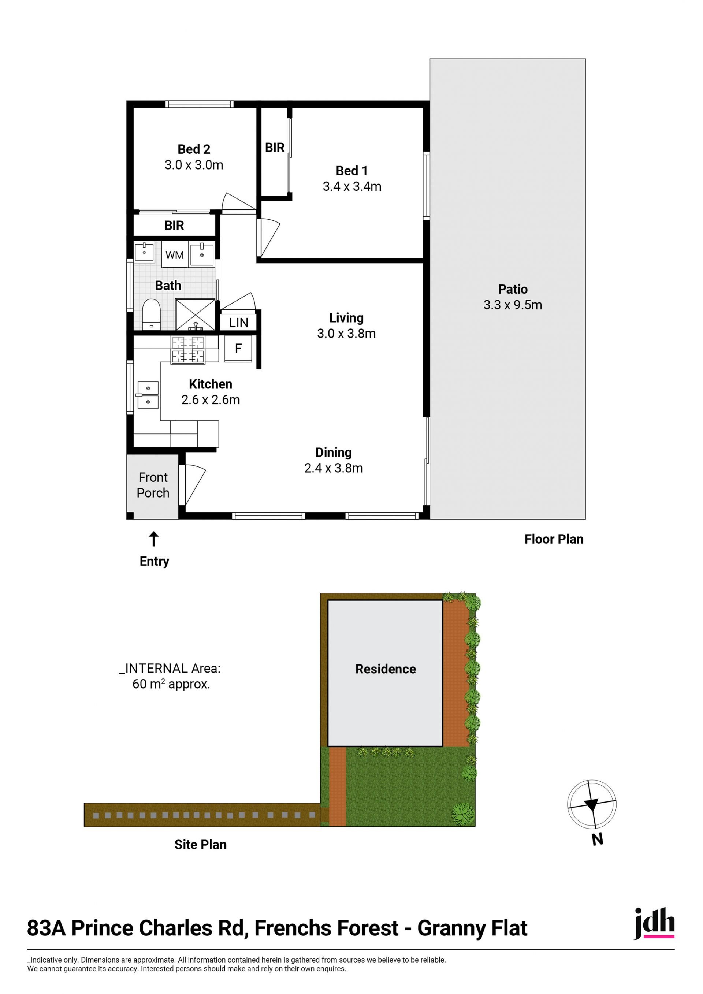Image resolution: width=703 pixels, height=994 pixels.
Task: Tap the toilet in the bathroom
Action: [x=151, y=314]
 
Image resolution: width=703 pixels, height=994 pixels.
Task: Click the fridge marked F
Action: [x=238, y=349]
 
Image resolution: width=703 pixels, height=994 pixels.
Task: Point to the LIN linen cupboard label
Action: [x=238, y=323]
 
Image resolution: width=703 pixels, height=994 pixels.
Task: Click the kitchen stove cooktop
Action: [x=188, y=350]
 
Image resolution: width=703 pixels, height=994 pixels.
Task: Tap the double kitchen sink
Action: [x=148, y=395]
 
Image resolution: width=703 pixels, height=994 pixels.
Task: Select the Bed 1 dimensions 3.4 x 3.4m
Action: [x=352, y=187]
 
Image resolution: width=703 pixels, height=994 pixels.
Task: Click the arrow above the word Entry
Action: [x=154, y=539]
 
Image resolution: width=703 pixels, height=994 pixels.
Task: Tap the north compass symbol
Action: [x=592, y=805]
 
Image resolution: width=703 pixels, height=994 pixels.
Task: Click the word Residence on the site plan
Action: [x=386, y=669]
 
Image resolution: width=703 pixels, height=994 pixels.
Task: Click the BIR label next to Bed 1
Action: [x=275, y=148]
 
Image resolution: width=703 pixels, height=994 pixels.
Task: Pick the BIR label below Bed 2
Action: [x=174, y=226]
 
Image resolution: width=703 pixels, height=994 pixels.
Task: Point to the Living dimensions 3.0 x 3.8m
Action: [x=346, y=334]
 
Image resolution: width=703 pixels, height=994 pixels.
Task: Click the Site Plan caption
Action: [x=200, y=845]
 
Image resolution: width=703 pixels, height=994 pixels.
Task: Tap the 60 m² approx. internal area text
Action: [x=171, y=685]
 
